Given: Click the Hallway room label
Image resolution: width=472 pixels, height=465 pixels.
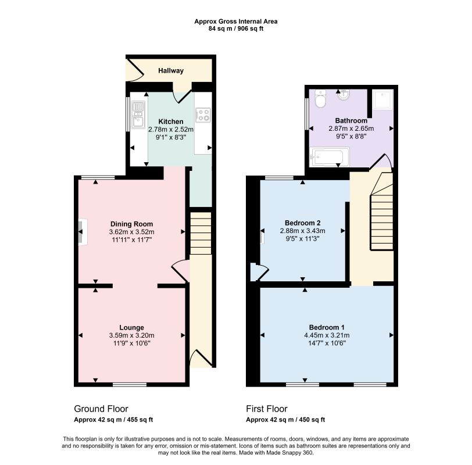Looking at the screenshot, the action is click(x=171, y=71).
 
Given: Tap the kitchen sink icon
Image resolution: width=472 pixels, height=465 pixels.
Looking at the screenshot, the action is click(x=138, y=115).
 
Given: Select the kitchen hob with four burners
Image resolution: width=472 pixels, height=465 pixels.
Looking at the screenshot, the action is click(x=203, y=115).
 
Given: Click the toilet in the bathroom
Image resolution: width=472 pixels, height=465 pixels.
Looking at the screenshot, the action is click(x=320, y=99).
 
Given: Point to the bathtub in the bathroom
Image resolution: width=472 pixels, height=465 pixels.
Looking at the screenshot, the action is click(x=330, y=156).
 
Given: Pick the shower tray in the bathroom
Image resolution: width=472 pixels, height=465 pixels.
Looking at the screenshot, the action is click(x=383, y=99).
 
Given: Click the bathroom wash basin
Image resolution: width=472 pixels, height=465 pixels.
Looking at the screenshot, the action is click(x=344, y=95).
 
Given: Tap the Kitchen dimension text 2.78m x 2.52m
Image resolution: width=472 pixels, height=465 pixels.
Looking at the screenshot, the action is click(x=171, y=130).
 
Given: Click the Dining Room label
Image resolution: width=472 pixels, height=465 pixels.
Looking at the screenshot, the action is click(x=131, y=224).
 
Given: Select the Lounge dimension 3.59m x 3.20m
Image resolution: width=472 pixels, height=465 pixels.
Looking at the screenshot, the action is click(x=131, y=335).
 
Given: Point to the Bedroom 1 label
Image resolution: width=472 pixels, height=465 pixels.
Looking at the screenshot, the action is click(x=327, y=327).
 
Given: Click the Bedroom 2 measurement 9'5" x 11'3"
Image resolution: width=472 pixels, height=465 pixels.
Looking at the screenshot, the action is click(x=302, y=239).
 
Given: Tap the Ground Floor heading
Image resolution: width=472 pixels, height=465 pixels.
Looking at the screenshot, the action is click(x=101, y=409).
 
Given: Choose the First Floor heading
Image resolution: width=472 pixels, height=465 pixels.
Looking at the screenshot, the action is click(x=267, y=409).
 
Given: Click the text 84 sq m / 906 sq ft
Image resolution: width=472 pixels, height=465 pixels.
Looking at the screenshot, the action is click(x=236, y=29).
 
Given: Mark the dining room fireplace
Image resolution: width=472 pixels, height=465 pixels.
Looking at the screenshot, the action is click(x=82, y=232).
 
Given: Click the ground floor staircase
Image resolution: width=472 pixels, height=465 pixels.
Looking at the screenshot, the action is click(x=201, y=234).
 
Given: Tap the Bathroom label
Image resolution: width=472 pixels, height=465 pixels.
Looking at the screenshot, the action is click(x=351, y=121).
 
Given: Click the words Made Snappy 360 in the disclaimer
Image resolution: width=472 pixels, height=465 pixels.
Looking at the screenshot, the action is click(x=289, y=453).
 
